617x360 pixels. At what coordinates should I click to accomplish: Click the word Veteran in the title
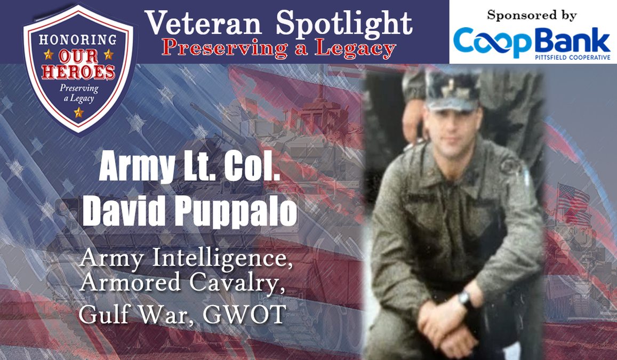tap(203, 23)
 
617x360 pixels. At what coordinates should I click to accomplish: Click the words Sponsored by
tap(532, 15)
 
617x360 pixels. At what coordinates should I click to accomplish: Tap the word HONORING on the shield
tap(78, 40)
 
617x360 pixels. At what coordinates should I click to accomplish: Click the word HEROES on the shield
tap(78, 72)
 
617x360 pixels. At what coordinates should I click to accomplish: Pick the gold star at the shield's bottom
tap(79, 113)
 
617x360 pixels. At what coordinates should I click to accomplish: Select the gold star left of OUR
tap(49, 54)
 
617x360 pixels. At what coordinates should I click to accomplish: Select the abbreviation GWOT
tap(244, 314)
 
